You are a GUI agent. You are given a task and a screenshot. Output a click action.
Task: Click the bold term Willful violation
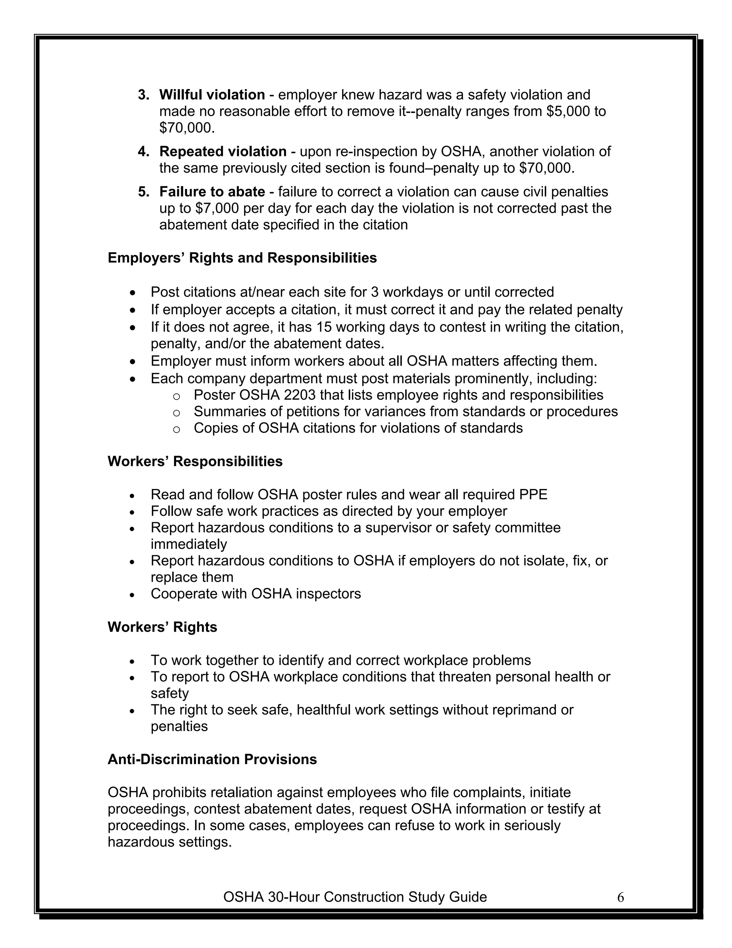tap(212, 95)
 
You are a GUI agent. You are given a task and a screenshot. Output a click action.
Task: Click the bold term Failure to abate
tap(212, 191)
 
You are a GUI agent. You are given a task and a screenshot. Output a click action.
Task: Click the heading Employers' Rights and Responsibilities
tap(242, 258)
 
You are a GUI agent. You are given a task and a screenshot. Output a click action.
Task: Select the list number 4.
tap(143, 151)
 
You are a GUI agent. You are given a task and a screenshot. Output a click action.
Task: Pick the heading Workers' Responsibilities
tap(195, 461)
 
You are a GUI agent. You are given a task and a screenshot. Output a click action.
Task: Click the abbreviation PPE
tap(533, 494)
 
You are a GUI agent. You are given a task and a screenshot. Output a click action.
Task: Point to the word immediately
tap(189, 544)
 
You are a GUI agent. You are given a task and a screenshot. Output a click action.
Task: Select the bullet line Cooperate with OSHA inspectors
tap(256, 594)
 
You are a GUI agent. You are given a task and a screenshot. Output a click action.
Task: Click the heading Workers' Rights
tap(162, 627)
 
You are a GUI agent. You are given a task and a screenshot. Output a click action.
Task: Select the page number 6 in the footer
tap(620, 897)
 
